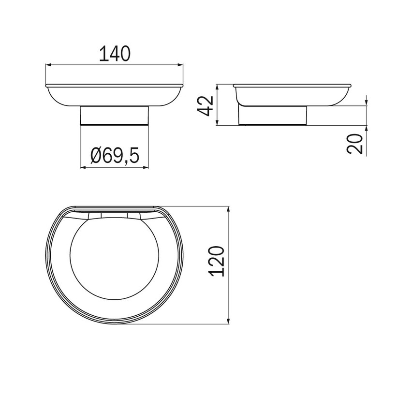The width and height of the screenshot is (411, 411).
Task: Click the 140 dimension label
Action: point(115,53)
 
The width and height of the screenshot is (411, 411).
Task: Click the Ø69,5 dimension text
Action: point(115,156)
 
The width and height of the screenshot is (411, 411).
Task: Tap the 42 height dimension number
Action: point(206,105)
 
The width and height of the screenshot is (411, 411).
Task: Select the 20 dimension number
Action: point(356,144)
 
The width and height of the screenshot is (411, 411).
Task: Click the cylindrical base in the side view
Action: point(274,116)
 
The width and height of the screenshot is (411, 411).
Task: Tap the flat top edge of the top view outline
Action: point(114,208)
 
